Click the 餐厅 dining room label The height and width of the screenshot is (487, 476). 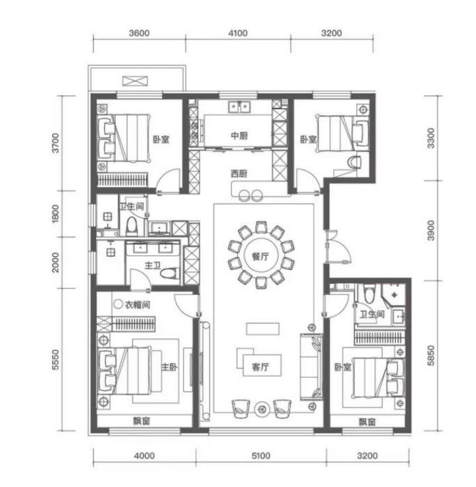point(260,257)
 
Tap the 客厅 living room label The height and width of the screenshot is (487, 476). point(260,367)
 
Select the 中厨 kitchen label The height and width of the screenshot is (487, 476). point(239,136)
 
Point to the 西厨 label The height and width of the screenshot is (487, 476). point(239,173)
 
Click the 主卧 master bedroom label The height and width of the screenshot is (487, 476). point(169,367)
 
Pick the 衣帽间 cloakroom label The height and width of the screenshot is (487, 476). point(138,304)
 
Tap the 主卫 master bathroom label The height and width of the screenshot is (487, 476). point(153,265)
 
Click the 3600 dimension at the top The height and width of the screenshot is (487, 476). point(139,33)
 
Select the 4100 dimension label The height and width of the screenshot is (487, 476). point(238,33)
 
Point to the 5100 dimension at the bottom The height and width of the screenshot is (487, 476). point(260,456)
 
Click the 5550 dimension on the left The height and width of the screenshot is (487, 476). point(56,360)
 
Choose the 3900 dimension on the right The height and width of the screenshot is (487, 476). point(431,230)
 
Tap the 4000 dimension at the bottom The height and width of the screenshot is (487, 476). point(144,456)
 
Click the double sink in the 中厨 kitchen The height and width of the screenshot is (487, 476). point(239,107)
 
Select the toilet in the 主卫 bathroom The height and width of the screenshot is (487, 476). point(169,273)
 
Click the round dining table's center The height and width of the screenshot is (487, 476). point(260,255)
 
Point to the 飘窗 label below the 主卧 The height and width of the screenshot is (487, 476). point(141,421)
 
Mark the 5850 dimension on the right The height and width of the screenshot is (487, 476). point(431,355)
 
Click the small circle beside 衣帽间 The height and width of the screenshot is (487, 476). point(118,304)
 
